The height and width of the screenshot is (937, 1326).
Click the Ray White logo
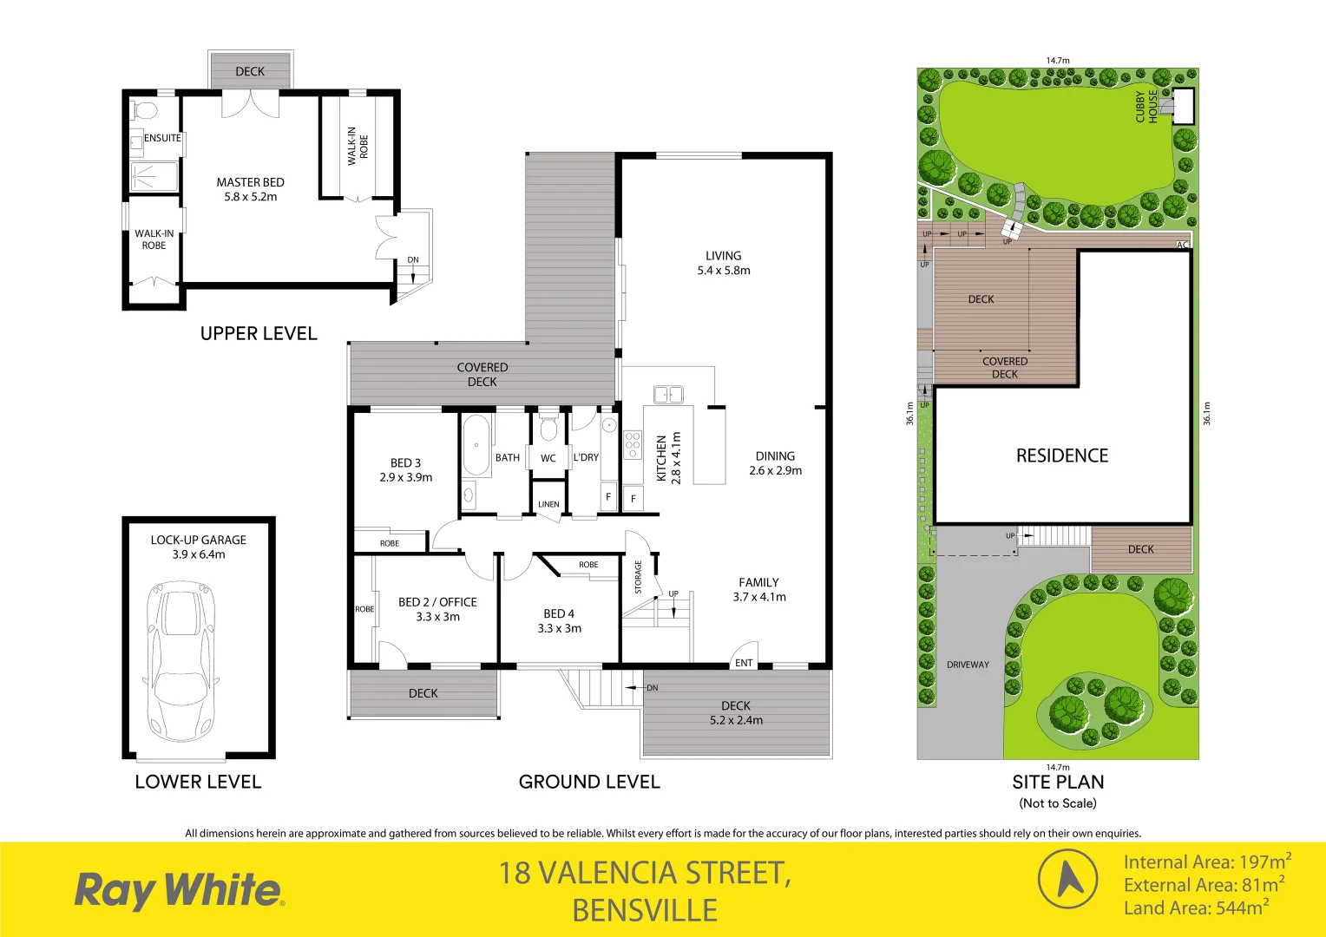179,891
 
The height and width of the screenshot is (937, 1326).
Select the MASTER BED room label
250,182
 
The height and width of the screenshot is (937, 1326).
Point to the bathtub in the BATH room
476,445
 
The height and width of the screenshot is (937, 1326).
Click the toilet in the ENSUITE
143,110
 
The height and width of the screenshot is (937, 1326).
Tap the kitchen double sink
667,394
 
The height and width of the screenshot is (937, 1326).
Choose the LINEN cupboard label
548,504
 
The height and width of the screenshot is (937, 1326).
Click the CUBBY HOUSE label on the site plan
1146,107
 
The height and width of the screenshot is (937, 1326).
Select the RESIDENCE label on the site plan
1062,455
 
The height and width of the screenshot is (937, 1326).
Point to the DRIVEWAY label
968,665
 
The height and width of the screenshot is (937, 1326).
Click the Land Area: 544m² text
1196,908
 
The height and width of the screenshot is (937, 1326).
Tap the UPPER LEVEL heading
259,333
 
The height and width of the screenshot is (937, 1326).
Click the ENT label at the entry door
744,663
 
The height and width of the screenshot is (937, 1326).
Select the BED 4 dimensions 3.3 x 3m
559,628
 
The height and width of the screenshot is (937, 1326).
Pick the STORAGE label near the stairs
638,577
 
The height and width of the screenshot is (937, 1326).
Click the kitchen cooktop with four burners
633,444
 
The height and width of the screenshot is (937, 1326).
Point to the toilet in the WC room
548,429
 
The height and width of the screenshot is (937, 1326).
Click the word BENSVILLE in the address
645,910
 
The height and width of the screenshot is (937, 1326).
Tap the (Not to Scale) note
1058,803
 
